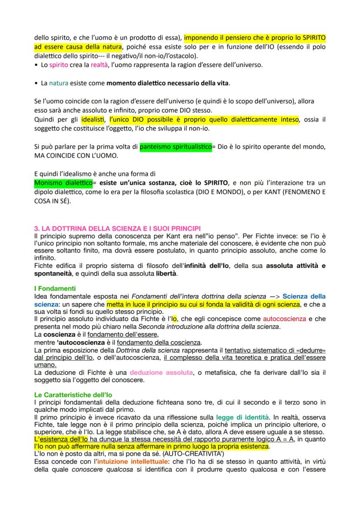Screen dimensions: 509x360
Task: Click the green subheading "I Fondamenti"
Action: point(55,289)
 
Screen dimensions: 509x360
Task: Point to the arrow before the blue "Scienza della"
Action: point(273,296)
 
